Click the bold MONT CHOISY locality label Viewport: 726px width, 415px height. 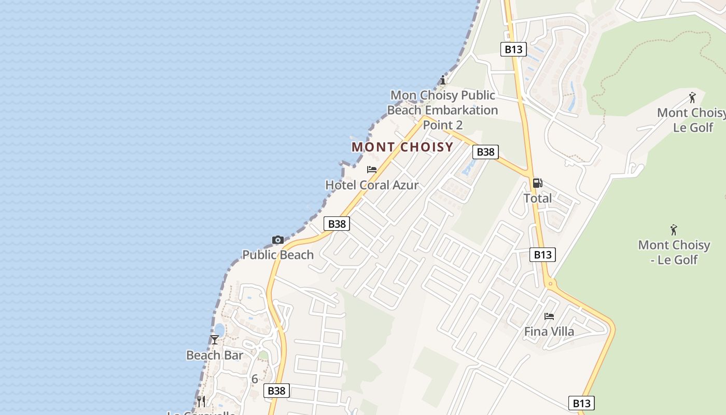pyautogui.click(x=402, y=147)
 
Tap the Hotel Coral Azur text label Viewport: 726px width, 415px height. pyautogui.click(x=372, y=185)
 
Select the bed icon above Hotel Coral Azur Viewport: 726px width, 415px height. pyautogui.click(x=372, y=170)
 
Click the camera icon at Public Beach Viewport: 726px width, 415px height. pyautogui.click(x=278, y=240)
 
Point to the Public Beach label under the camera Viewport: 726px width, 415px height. pyautogui.click(x=278, y=255)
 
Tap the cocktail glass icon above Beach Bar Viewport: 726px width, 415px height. pyautogui.click(x=215, y=340)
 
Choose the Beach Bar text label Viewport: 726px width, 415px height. pyautogui.click(x=215, y=355)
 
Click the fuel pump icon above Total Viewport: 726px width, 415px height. pyautogui.click(x=538, y=183)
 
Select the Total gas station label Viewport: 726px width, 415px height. pyautogui.click(x=538, y=198)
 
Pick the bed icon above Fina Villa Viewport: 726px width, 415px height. pyautogui.click(x=549, y=316)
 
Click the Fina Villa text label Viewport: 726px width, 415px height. pyautogui.click(x=549, y=331)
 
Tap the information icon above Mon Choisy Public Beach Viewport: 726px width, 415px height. pyautogui.click(x=442, y=80)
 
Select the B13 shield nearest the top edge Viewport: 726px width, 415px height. pyautogui.click(x=513, y=49)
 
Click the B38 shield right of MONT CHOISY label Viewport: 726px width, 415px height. pyautogui.click(x=485, y=151)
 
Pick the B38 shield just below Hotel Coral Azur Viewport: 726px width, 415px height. pyautogui.click(x=337, y=224)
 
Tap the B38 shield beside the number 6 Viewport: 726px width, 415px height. pyautogui.click(x=276, y=391)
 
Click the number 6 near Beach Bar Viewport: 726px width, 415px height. pyautogui.click(x=255, y=379)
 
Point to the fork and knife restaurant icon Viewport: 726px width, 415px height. pyautogui.click(x=201, y=401)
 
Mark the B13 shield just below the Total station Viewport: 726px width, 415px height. pyautogui.click(x=542, y=254)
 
